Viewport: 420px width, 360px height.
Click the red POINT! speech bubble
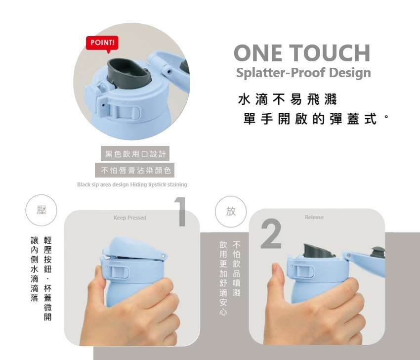pos(102,44)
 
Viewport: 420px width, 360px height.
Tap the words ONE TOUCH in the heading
pos(302,53)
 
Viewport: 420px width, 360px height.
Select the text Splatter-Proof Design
pos(303,73)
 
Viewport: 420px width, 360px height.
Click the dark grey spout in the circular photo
pos(128,73)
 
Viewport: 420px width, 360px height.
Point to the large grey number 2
pos(271,234)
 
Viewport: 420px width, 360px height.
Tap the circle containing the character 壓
pos(41,210)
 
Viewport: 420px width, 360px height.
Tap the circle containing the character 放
pos(231,212)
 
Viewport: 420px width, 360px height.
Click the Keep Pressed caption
pos(130,218)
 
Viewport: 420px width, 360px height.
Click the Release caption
pos(314,217)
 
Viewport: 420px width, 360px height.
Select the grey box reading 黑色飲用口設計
pos(135,154)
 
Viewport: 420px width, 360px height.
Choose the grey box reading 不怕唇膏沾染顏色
pos(135,170)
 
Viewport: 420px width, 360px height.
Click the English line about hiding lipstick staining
pos(132,184)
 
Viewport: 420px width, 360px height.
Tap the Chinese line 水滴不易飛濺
pos(287,99)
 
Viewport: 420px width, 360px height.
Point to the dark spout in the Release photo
pos(318,251)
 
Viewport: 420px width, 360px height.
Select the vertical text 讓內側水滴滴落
pos(35,269)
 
